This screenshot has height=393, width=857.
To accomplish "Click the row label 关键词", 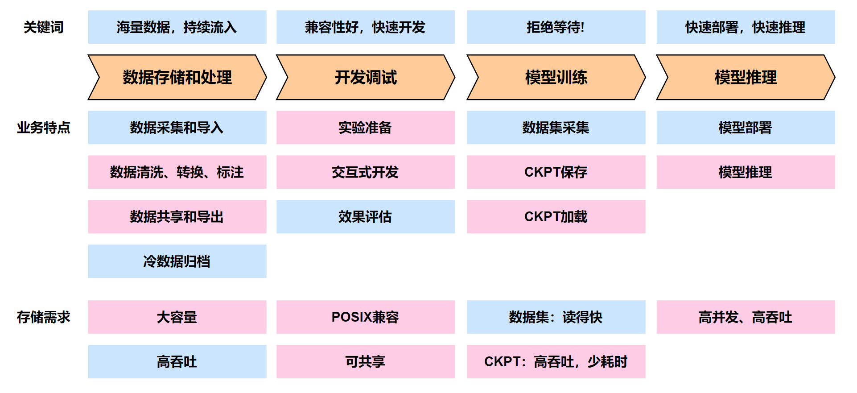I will pos(43,27).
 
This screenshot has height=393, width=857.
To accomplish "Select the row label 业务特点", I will pos(43,128).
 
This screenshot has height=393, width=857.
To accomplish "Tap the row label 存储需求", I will pos(43,317).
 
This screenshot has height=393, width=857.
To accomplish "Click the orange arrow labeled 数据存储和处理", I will pos(177,77).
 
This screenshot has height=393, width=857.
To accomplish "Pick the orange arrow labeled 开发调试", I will pos(365,77).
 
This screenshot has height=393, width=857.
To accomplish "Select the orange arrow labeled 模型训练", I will pos(556,77).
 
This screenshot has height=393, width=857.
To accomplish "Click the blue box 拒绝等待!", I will pos(556,27).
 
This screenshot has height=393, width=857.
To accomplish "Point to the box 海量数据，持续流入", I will pos(177,27).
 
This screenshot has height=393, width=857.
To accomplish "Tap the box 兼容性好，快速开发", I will pos(365,27).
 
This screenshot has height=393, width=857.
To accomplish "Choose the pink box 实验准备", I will pos(365,128).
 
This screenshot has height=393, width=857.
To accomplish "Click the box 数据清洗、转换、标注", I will pos(177,172).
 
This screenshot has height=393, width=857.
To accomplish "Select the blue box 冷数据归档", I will pos(177,261).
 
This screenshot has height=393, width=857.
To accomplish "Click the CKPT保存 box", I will pos(556,172).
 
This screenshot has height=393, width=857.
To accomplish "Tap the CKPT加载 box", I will pos(556,217).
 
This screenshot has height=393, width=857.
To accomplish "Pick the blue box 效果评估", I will pos(365,217).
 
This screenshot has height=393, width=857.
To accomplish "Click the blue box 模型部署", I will pos(745,128).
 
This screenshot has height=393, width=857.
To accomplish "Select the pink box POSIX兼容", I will pos(365,317).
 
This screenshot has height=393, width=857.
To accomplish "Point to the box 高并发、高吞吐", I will pos(745,317).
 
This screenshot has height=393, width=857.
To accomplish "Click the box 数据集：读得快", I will pos(556,317).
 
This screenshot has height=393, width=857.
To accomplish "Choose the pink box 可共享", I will pos(365,362).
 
